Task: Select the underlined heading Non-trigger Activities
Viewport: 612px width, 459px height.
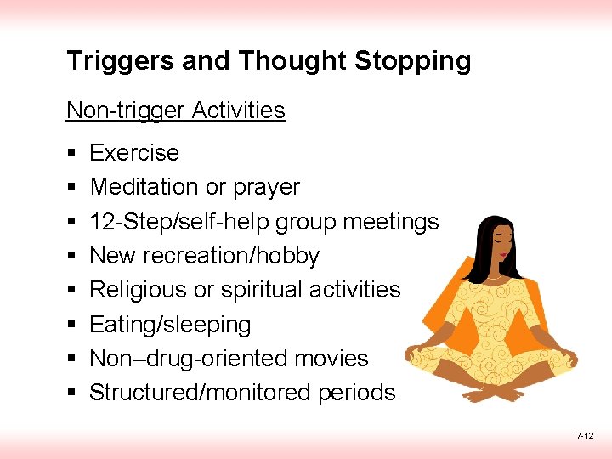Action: click(x=176, y=110)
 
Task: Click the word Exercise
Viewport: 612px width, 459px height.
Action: click(x=134, y=153)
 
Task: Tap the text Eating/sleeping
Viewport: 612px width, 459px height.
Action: click(x=170, y=325)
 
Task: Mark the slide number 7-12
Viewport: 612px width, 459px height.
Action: click(x=585, y=436)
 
